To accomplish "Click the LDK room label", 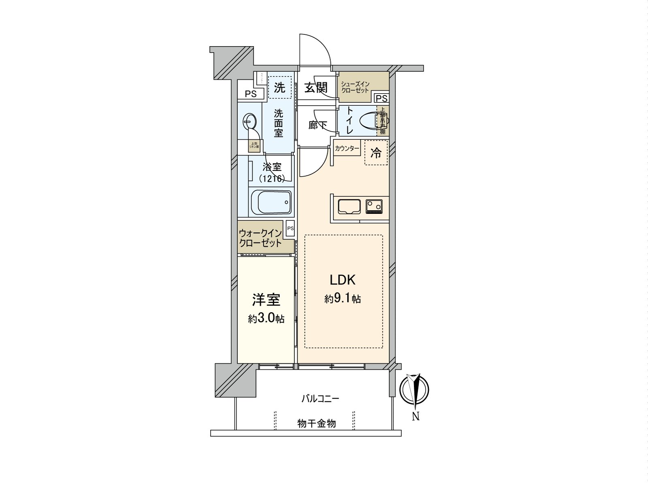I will pos(342,280).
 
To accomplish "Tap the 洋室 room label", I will pos(266,300).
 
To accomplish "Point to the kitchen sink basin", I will pos(349,206).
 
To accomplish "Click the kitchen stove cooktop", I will pos(374,206).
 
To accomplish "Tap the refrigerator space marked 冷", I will pos(376,153).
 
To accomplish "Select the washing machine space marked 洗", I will pos(279,87).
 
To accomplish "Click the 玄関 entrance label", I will pos(316,87).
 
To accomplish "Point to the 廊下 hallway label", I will pos(317,125).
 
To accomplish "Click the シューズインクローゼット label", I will pos(355,87).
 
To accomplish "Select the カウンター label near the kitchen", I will pos(347,149).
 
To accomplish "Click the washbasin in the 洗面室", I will pos(249,121).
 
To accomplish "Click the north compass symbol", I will pos(414,390).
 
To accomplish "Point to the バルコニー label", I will pos(320,399).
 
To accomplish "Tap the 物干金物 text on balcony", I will pos(316,424).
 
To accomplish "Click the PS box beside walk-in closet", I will pos(290,228).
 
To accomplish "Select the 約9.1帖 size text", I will pos(342,299).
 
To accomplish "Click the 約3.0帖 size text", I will pos(266,319).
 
